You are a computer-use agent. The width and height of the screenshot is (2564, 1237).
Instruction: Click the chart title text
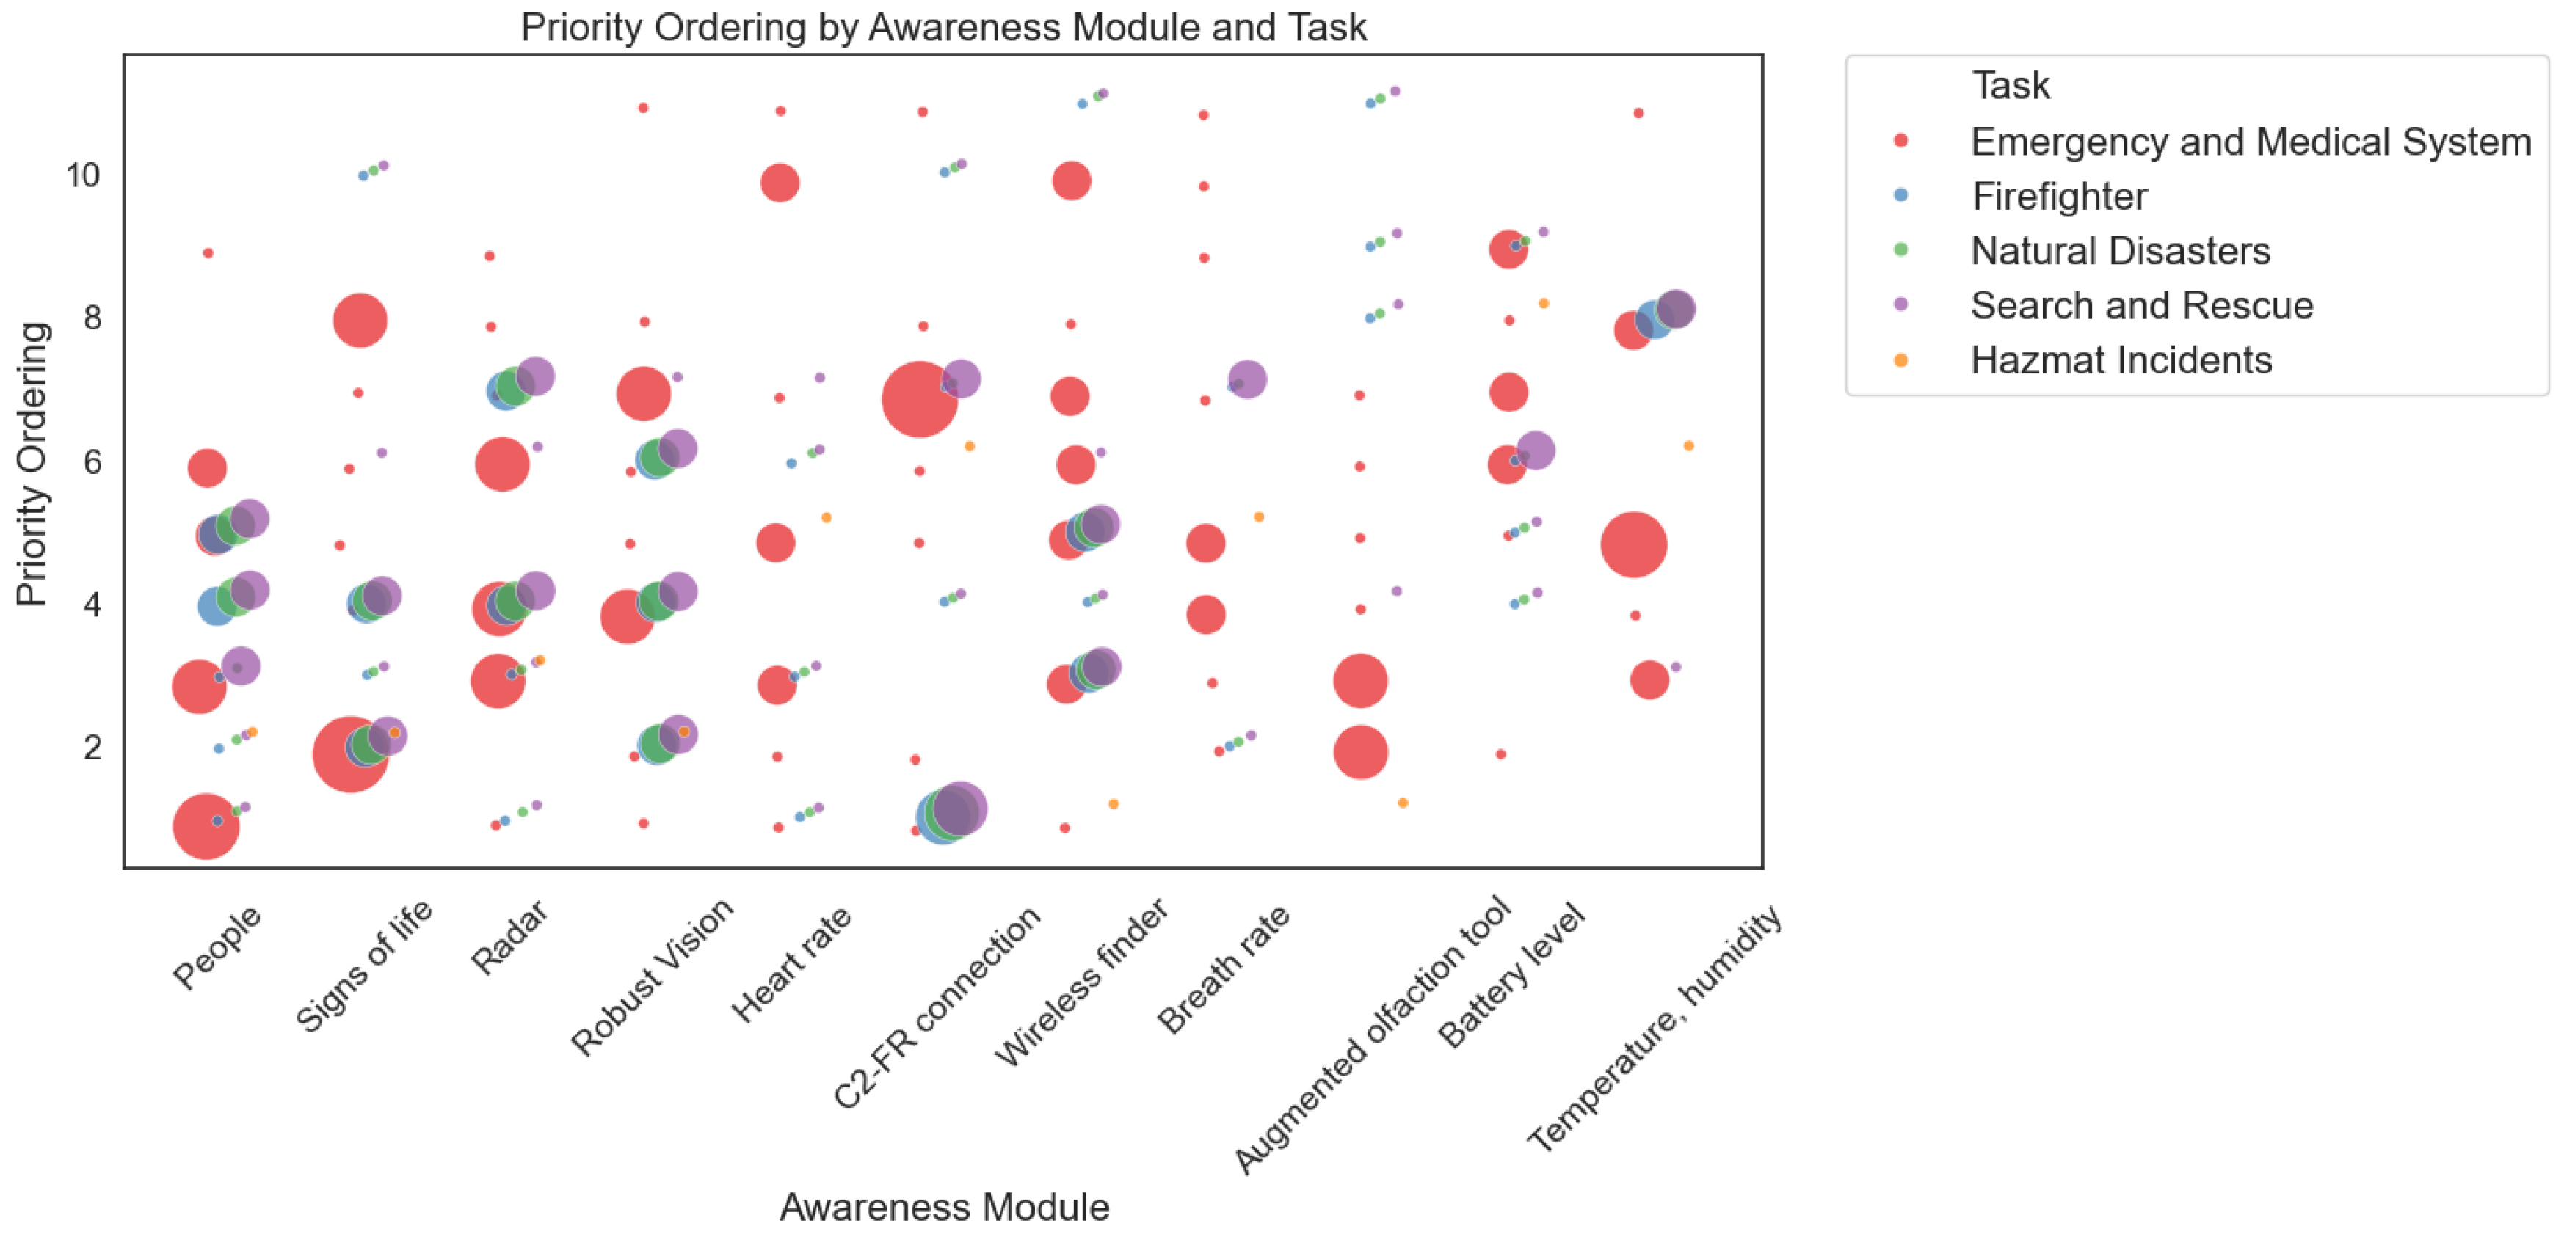(943, 27)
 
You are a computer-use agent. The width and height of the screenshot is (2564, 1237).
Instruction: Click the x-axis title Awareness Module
(943, 1206)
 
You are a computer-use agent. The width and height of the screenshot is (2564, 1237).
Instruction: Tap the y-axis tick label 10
(83, 175)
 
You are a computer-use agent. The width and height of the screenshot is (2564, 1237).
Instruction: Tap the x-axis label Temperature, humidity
(1655, 1028)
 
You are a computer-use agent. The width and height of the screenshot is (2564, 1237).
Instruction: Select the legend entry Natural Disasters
(2120, 251)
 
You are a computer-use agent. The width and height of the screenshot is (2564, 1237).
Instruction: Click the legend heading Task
(2011, 86)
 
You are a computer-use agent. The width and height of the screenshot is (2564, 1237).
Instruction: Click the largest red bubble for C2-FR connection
(919, 399)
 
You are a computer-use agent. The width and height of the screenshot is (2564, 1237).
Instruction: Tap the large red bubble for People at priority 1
(205, 826)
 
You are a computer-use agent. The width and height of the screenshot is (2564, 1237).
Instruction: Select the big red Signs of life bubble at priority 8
(360, 321)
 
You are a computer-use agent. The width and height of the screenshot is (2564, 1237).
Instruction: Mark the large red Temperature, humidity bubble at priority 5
(1633, 544)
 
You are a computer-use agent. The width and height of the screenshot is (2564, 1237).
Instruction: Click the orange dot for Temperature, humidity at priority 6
(1688, 446)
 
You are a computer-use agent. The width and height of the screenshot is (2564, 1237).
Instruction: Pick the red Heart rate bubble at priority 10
(780, 182)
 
